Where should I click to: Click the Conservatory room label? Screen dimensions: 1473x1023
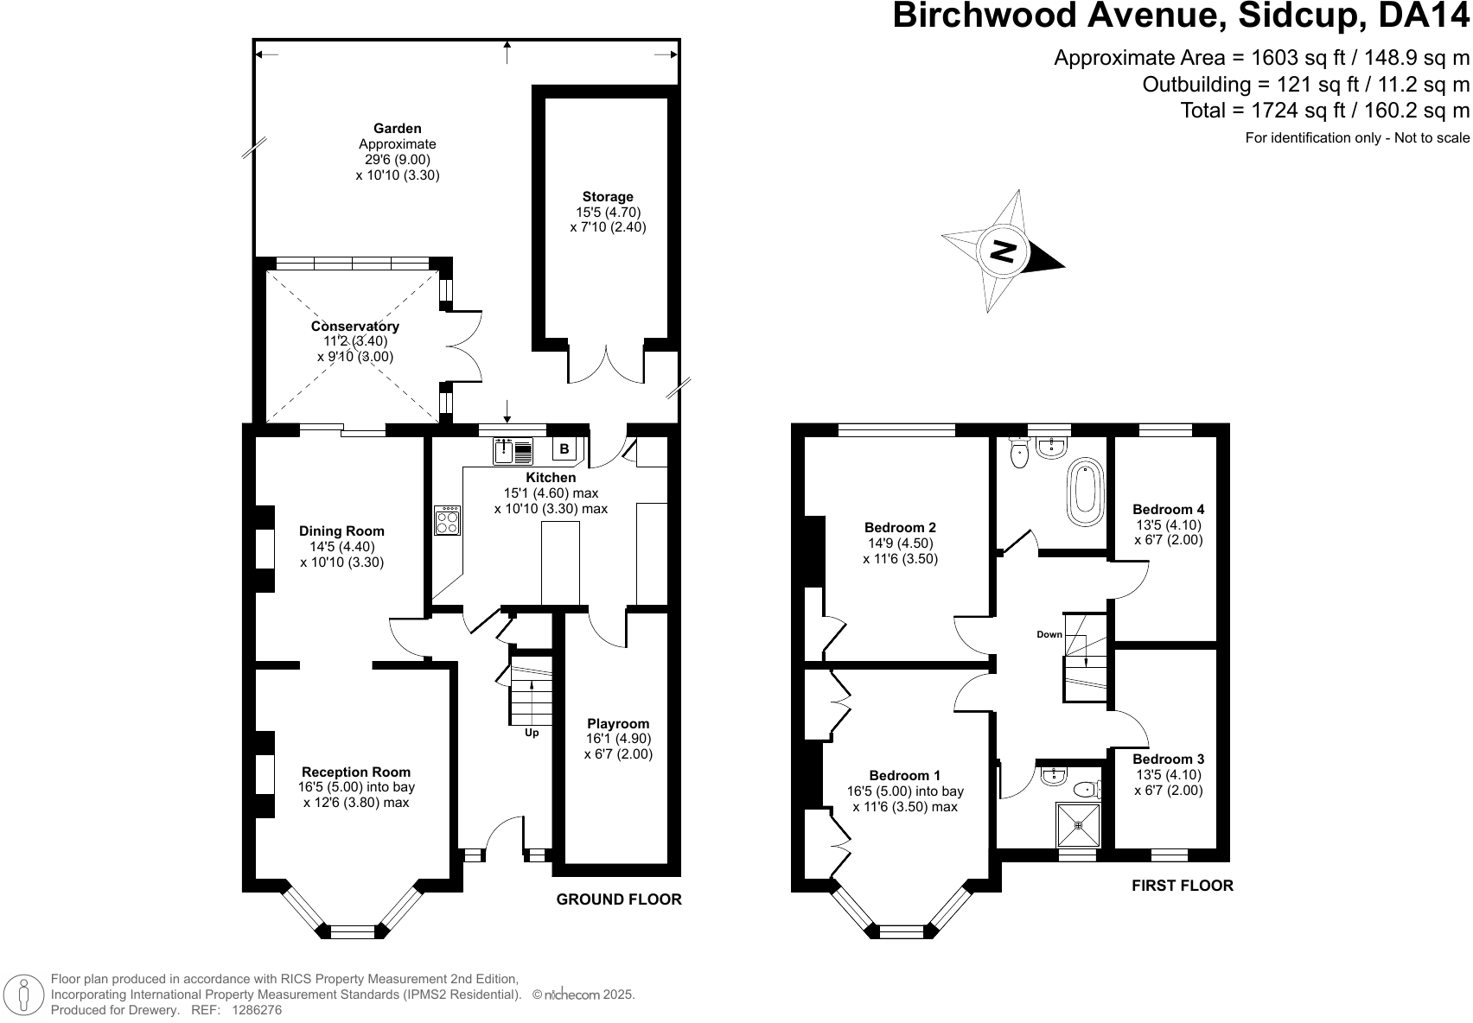coord(355,326)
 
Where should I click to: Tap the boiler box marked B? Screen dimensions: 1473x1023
coord(564,449)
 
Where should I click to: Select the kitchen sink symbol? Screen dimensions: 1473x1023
coord(513,450)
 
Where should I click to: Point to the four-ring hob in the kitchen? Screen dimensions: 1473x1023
coord(447,520)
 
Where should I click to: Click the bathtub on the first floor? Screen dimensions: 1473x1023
coord(1087,492)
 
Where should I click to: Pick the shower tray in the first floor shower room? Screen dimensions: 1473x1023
coord(1078,824)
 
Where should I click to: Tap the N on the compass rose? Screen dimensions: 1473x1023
coord(1003,251)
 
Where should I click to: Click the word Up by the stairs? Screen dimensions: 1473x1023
coord(532,733)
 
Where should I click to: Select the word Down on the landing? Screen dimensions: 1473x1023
coord(1049,634)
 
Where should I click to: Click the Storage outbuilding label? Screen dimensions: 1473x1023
coord(608,197)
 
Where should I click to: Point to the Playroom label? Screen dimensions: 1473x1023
coord(618,723)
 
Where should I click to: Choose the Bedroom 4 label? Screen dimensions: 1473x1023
coord(1169,510)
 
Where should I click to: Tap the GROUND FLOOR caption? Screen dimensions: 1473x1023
coord(619,899)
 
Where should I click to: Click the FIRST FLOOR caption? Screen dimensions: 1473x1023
coord(1183,886)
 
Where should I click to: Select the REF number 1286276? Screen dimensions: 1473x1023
coord(257,1010)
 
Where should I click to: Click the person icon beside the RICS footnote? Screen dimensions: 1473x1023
coord(24,994)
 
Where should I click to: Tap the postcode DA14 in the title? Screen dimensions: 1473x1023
coord(1424,16)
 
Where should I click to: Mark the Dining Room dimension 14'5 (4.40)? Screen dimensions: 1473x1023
coord(342,546)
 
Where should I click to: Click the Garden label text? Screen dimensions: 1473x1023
coord(397,128)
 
